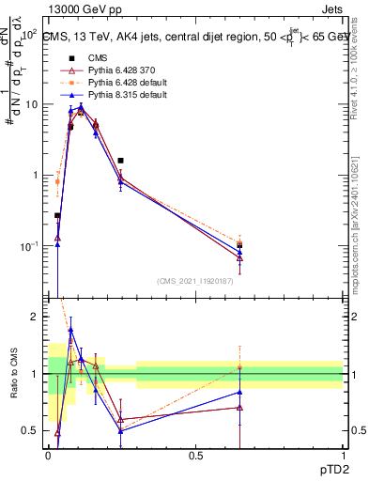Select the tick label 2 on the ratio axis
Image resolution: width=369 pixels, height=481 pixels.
(34, 318)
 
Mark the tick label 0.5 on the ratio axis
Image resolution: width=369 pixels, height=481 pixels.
(30, 430)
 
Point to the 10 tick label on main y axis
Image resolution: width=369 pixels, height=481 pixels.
(30, 104)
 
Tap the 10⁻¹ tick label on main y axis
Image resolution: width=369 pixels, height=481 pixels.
(28, 246)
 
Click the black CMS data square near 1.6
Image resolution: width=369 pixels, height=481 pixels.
(120, 161)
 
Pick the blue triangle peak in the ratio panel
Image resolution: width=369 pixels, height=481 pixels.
(70, 331)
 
